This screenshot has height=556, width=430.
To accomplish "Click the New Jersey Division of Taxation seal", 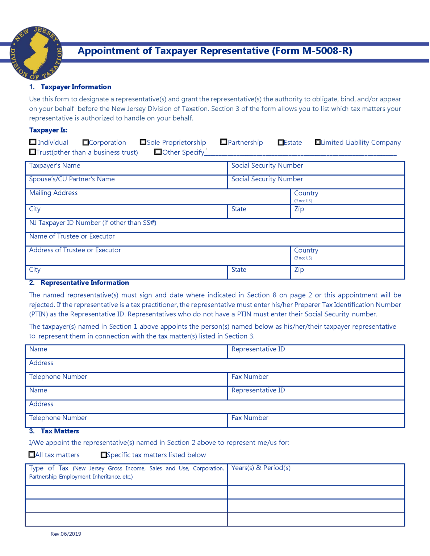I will tap(36, 53).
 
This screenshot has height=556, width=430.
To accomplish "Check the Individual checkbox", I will tap(33, 142).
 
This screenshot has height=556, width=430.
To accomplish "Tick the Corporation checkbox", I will tap(85, 142).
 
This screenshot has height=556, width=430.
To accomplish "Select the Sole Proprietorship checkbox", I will tap(143, 142).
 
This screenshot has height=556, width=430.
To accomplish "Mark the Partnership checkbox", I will tap(224, 142).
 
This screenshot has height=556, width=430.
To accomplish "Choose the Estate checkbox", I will tap(280, 142).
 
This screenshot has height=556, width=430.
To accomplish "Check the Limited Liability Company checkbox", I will tap(318, 142).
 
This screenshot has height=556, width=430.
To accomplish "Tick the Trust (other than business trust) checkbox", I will tap(33, 152).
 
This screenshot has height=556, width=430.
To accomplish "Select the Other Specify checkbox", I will tap(158, 152).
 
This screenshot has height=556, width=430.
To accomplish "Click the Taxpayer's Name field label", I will tap(55, 165).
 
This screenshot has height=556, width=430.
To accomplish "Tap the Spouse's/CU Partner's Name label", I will tap(72, 179).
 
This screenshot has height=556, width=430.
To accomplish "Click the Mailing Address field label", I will tap(53, 193).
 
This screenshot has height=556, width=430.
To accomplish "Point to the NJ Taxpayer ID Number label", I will tap(92, 223).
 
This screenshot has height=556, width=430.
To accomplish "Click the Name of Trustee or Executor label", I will tap(72, 236).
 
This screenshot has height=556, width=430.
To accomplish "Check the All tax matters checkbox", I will tap(32, 454).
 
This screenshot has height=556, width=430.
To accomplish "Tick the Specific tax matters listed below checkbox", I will tap(104, 455).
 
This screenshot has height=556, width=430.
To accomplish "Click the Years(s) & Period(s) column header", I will tap(261, 468).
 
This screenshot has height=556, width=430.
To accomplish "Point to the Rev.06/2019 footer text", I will tap(66, 534).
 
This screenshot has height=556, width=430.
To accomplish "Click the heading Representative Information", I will tap(84, 283).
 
